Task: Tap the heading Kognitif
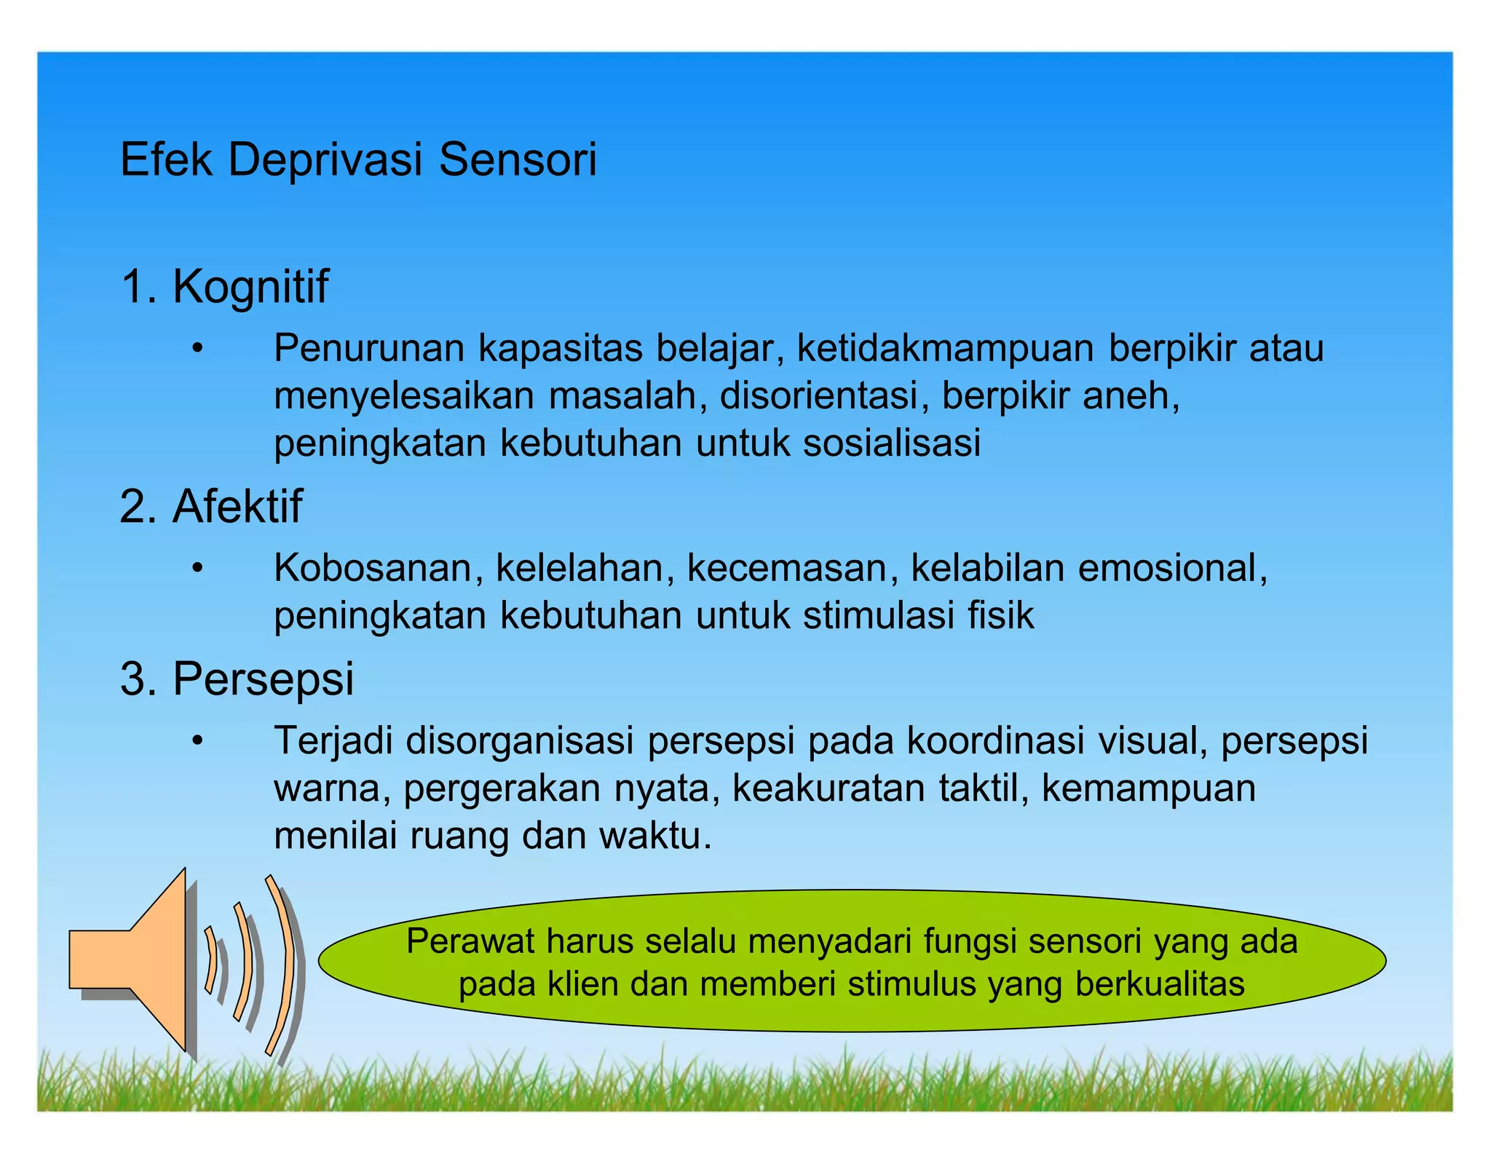tap(250, 286)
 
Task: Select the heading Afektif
tap(237, 506)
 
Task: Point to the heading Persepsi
tap(263, 679)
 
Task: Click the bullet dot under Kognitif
tap(197, 350)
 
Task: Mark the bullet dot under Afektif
tap(197, 569)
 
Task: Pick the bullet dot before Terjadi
tap(197, 742)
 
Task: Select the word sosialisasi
tap(892, 443)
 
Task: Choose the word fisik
tap(1000, 616)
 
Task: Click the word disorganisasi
tap(519, 740)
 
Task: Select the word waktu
tap(654, 836)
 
